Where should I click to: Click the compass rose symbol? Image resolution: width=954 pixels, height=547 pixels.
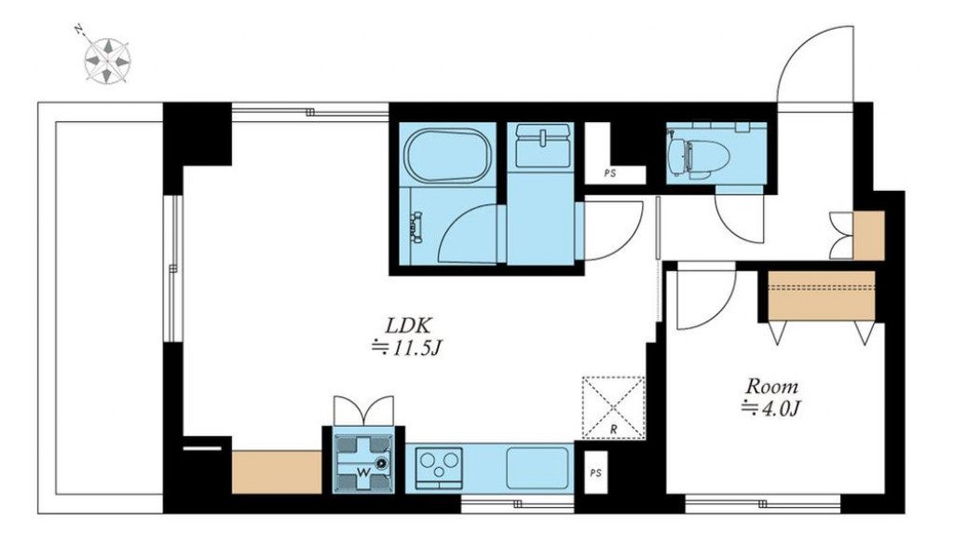coord(107,60)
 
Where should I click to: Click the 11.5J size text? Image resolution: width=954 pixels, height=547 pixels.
coord(406,348)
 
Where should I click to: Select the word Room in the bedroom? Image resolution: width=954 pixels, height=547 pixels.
coord(771,387)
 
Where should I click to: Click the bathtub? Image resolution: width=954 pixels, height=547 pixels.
coord(448,156)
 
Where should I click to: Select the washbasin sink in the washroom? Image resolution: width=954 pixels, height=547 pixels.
coord(543,146)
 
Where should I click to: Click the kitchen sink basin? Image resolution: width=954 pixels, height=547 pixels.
coord(538,468)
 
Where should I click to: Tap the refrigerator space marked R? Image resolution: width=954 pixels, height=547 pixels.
coord(613,407)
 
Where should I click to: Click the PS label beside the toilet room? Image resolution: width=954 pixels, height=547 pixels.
coord(610,173)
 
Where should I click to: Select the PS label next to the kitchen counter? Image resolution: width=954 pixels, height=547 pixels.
coord(595,472)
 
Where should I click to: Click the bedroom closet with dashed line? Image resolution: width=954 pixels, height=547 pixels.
coord(822,295)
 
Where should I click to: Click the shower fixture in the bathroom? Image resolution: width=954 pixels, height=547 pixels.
coord(417,227)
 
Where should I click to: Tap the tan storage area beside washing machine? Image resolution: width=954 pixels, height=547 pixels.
coord(277,472)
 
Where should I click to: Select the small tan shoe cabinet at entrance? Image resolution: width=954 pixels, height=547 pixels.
coord(869,235)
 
